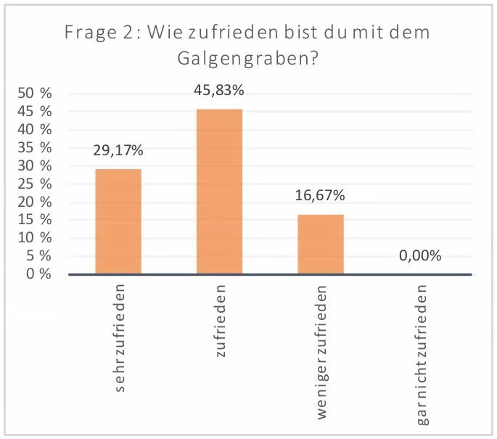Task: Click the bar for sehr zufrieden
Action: pos(118,221)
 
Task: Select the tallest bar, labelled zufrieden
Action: pos(219,192)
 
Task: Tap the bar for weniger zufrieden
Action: pos(321,245)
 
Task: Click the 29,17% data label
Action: pos(118,151)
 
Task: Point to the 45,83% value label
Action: pos(219,91)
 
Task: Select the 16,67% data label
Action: pos(320,196)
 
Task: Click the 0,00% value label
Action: pos(421,256)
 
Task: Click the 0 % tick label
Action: pos(38,274)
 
